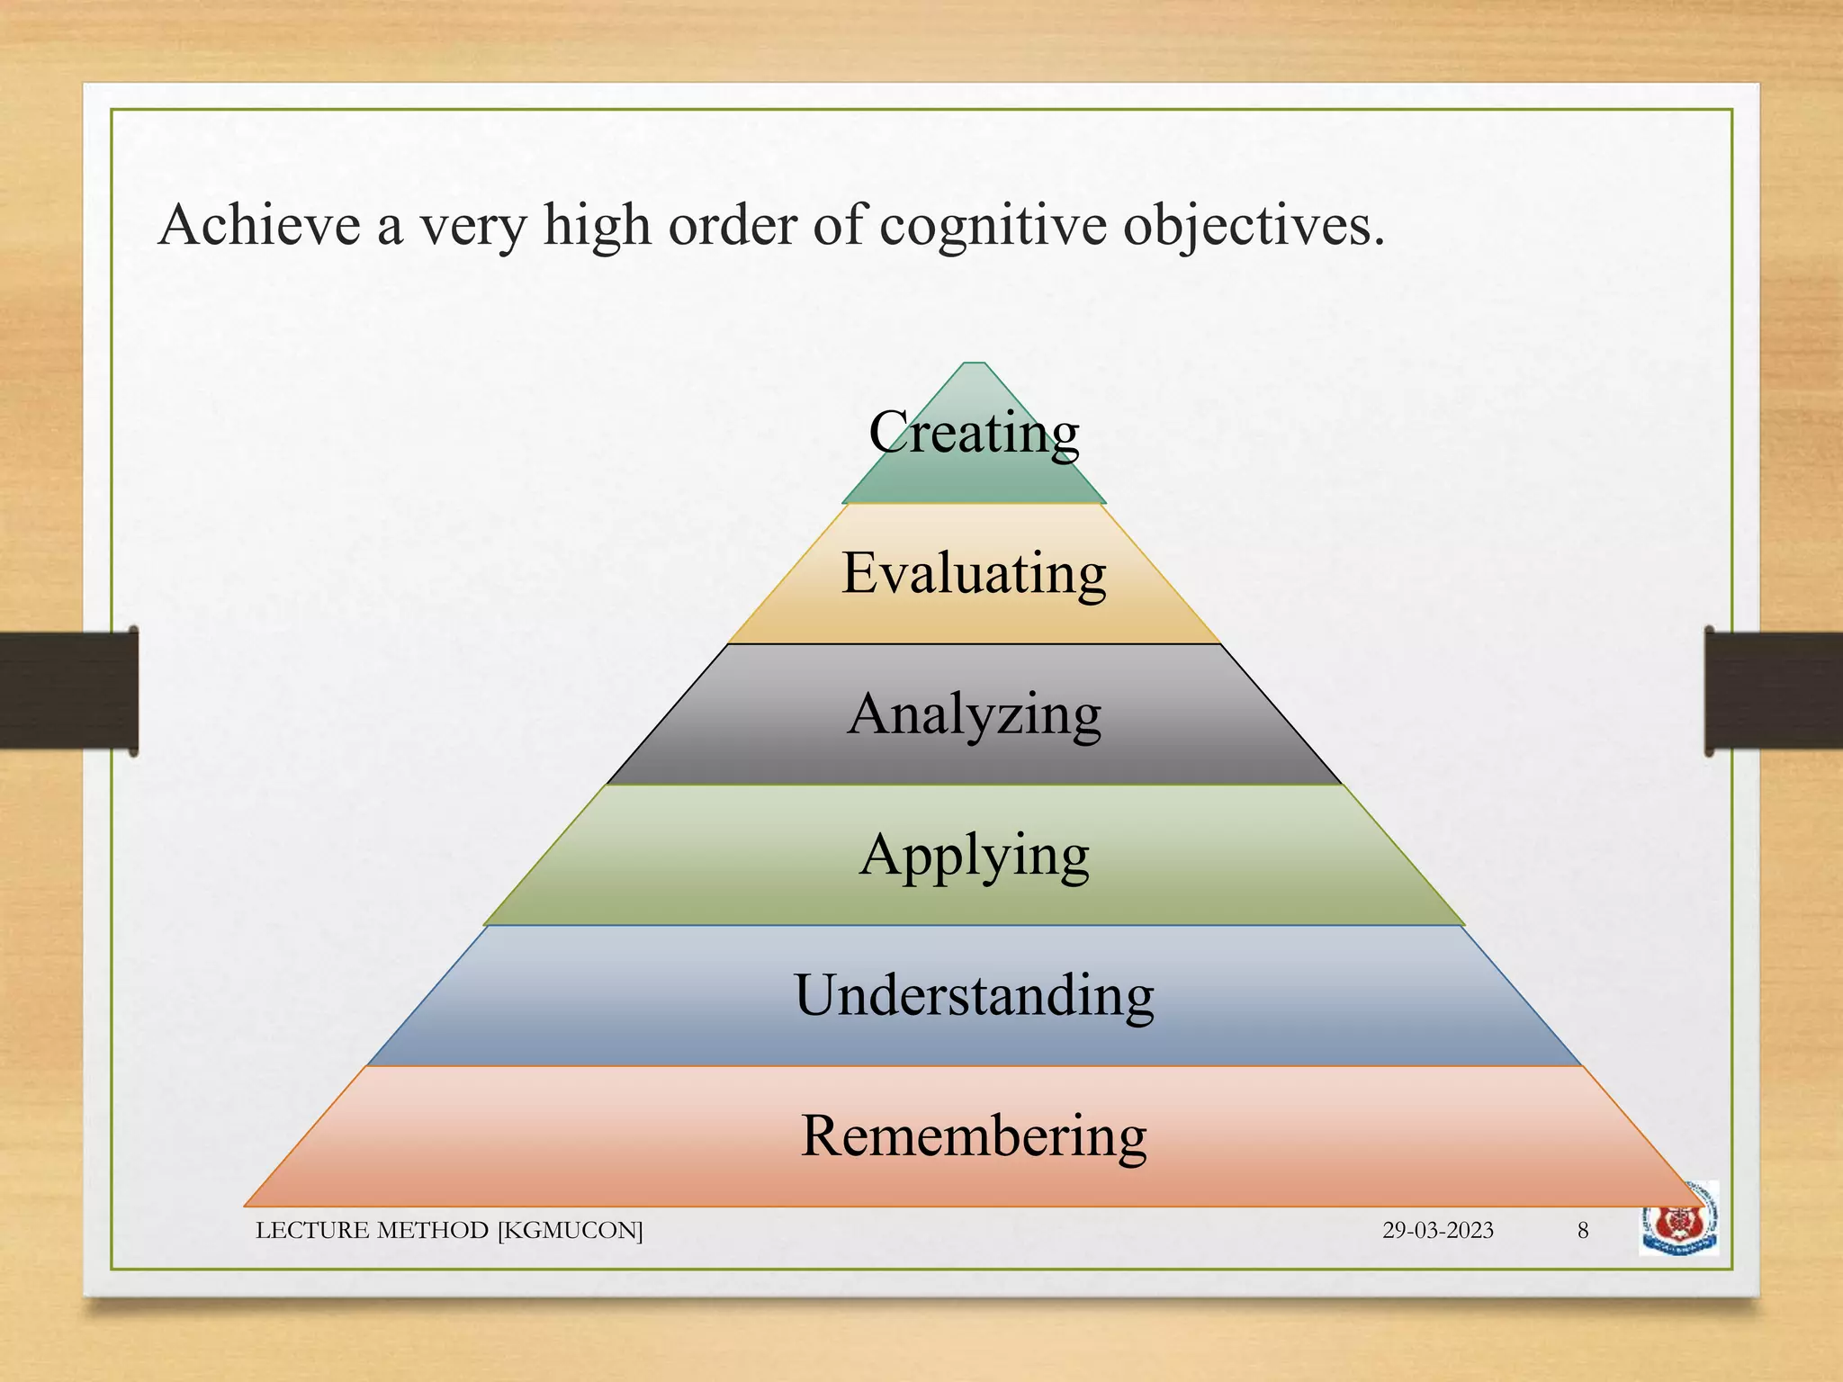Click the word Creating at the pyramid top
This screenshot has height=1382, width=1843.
[974, 433]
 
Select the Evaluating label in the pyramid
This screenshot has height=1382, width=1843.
[974, 573]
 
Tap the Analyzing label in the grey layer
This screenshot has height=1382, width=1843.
[974, 714]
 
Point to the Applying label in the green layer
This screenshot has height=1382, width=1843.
[974, 855]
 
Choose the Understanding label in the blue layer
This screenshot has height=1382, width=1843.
[974, 995]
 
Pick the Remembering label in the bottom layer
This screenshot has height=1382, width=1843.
[974, 1135]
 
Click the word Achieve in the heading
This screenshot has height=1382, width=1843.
[259, 225]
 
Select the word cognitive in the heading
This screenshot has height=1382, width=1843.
[993, 227]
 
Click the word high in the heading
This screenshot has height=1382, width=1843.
[597, 227]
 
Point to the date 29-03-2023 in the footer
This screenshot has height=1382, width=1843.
[1437, 1231]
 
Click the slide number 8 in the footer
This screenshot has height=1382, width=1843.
[1583, 1231]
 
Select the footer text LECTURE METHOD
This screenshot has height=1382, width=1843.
[373, 1231]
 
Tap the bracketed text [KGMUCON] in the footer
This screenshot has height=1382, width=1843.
[571, 1231]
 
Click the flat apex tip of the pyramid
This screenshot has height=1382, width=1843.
[974, 364]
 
